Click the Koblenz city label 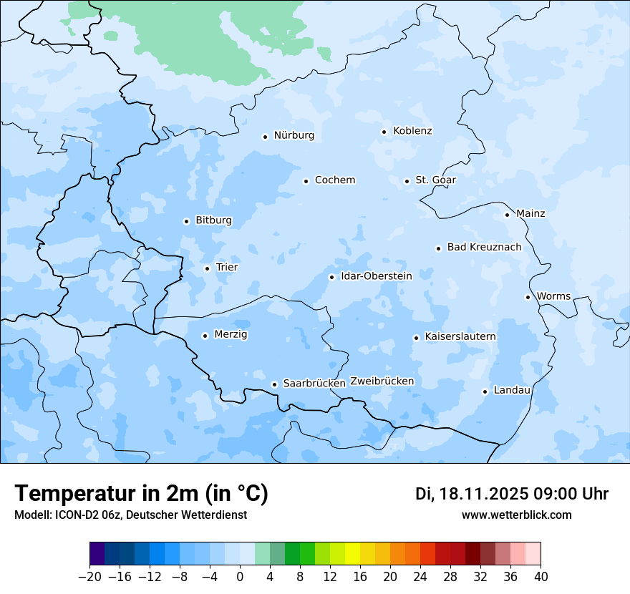point(412,131)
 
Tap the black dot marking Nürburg point(265,137)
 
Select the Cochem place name point(334,180)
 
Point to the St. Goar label point(435,180)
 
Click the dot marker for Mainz point(507,215)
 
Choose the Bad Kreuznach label point(484,248)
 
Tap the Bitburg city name point(213,220)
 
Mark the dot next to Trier point(207,269)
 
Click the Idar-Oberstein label point(376,276)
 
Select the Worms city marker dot point(528,297)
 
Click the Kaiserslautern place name point(460,337)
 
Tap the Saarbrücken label point(314,384)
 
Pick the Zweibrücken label point(382,381)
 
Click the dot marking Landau point(485,391)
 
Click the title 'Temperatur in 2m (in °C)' point(141,493)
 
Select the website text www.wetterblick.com point(516,515)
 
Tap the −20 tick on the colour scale point(90,577)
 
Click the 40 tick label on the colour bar point(541,577)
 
